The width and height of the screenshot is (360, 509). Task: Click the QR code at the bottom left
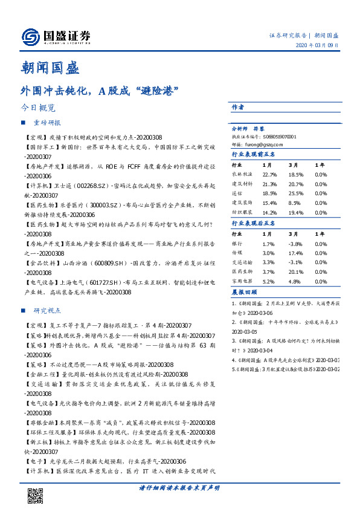36,495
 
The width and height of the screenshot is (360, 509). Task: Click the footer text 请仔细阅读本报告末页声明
178,488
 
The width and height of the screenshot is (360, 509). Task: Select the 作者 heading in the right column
238,107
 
